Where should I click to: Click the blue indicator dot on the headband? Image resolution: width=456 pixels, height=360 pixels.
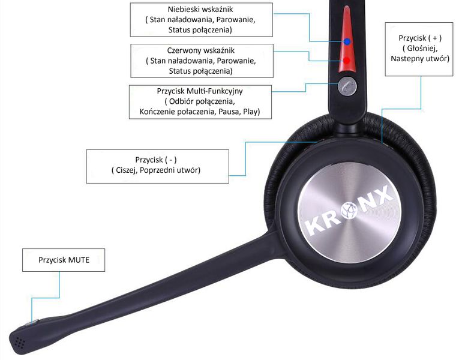(x=347, y=41)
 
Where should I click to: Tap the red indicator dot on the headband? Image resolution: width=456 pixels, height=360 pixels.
(x=347, y=61)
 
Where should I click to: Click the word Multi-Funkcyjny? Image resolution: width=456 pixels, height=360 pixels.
(x=215, y=91)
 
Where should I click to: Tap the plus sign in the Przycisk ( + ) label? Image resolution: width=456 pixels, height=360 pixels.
(x=435, y=38)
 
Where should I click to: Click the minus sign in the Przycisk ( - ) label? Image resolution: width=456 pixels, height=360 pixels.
(x=171, y=160)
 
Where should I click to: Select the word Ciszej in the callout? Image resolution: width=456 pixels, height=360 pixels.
(x=126, y=170)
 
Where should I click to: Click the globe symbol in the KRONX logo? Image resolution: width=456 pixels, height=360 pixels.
(x=350, y=209)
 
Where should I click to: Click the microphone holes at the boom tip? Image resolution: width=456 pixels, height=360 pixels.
(x=20, y=342)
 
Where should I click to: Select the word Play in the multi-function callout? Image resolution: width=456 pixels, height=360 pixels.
(x=250, y=112)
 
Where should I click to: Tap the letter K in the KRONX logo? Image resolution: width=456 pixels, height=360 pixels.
(x=314, y=226)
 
